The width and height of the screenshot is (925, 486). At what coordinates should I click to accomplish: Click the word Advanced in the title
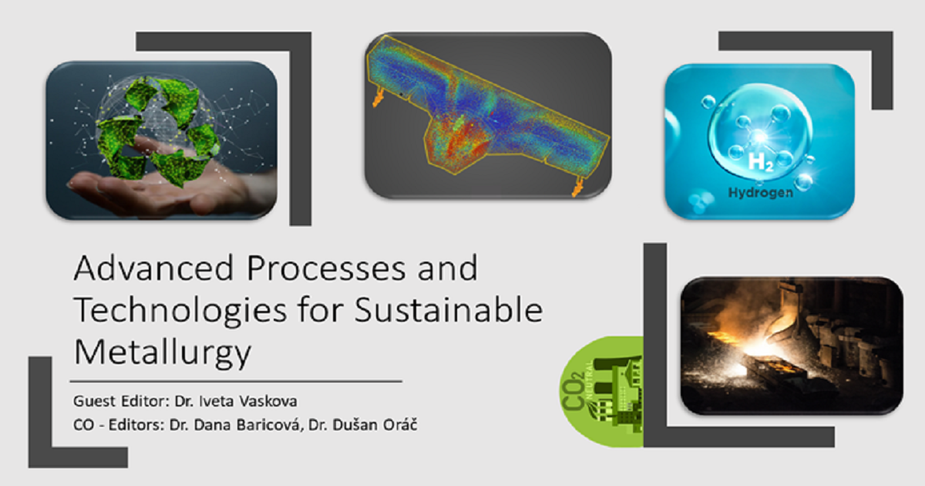[154, 268]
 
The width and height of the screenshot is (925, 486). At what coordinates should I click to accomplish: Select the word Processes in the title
[326, 268]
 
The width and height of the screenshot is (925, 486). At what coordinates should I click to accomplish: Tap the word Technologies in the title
[180, 312]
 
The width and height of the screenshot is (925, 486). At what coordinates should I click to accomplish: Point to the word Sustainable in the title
[449, 310]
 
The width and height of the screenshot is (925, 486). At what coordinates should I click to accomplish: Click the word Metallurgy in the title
[163, 353]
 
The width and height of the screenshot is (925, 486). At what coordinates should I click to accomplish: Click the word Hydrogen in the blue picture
[761, 193]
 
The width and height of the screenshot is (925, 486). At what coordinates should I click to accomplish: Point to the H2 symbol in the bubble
[760, 162]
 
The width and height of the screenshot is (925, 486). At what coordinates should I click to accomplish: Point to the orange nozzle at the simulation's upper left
[378, 98]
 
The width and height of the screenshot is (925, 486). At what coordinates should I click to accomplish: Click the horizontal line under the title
[236, 381]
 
